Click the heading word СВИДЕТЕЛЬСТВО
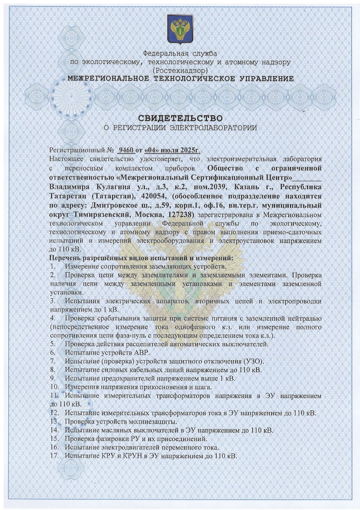pyautogui.click(x=180, y=118)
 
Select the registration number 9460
pyautogui.click(x=126, y=151)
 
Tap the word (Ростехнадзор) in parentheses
pyautogui.click(x=180, y=70)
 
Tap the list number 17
pyautogui.click(x=54, y=455)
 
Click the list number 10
pyautogui.click(x=54, y=387)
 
